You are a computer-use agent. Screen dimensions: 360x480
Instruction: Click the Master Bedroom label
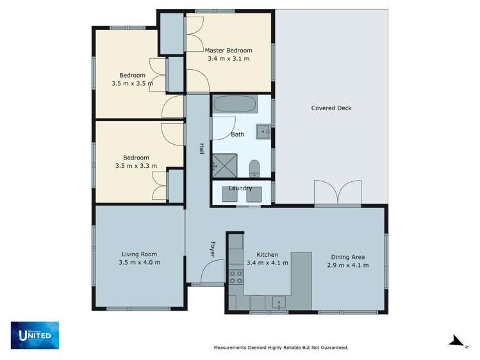point(228,50)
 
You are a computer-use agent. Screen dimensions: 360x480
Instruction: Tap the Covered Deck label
point(331,108)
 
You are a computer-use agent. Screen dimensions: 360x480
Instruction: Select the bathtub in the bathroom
point(235,104)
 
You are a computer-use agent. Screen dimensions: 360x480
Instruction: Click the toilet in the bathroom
point(254,168)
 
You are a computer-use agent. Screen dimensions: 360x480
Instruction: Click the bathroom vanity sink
point(263,132)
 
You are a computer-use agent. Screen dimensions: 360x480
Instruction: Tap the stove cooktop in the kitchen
point(236,277)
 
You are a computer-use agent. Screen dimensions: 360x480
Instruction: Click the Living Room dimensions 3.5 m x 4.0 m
point(139,263)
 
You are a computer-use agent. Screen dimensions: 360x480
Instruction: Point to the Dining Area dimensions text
point(347,265)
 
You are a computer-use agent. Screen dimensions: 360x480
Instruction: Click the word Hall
point(201,148)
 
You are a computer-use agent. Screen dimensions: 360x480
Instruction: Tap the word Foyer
point(212,249)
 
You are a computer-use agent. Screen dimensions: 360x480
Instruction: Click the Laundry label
point(240,188)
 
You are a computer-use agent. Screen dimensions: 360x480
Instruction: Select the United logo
point(35,334)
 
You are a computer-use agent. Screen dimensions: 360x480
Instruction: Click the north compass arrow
point(456,341)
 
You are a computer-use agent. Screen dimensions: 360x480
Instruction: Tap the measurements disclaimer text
point(280,348)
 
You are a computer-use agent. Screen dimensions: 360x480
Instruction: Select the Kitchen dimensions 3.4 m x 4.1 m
point(267,263)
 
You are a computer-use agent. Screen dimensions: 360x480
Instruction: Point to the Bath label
point(238,135)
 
